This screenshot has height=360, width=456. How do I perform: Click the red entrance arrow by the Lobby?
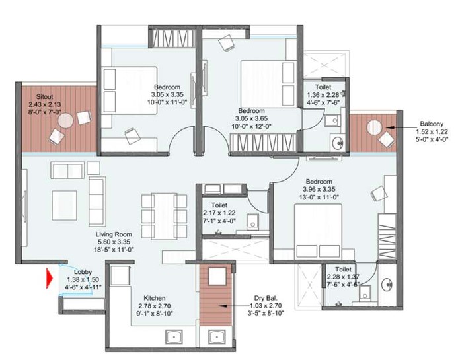[x=50, y=279]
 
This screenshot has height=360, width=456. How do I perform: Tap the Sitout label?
[x=44, y=96]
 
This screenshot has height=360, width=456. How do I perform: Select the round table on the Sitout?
[x=65, y=120]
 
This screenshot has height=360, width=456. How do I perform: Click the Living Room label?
[x=114, y=234]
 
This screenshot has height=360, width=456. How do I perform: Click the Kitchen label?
[x=155, y=298]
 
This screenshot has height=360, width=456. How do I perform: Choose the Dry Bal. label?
[x=266, y=298]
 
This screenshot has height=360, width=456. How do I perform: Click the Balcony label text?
[x=432, y=124]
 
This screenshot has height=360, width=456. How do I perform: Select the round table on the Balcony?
[x=374, y=127]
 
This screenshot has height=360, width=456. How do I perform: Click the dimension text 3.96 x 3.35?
[x=319, y=189]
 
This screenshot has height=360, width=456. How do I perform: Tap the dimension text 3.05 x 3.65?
[x=252, y=118]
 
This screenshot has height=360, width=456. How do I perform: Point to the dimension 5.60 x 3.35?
[x=114, y=242]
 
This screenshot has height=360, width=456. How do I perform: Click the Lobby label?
[x=83, y=272]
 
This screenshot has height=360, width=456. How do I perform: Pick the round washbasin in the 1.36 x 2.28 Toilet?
[x=338, y=143]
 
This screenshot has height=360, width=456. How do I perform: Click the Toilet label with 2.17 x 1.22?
[x=219, y=205]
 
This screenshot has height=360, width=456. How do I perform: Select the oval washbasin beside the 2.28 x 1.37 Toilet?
[x=387, y=284]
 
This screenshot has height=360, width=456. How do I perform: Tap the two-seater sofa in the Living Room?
[x=67, y=170]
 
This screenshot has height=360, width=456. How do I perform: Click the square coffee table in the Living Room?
[x=65, y=205]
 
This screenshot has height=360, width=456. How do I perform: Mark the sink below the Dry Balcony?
[x=217, y=338]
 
